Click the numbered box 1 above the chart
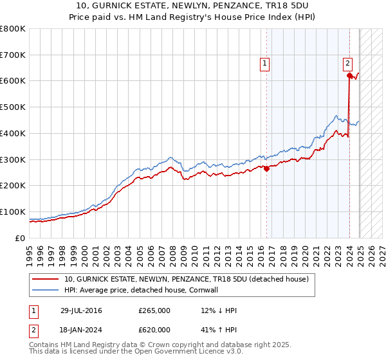point(264,63)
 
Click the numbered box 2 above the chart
point(347,63)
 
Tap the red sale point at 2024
point(349,75)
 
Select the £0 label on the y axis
point(21,238)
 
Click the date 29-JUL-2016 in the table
point(81,310)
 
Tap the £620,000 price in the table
point(154,330)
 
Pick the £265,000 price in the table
point(154,310)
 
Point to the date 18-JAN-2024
point(81,330)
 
